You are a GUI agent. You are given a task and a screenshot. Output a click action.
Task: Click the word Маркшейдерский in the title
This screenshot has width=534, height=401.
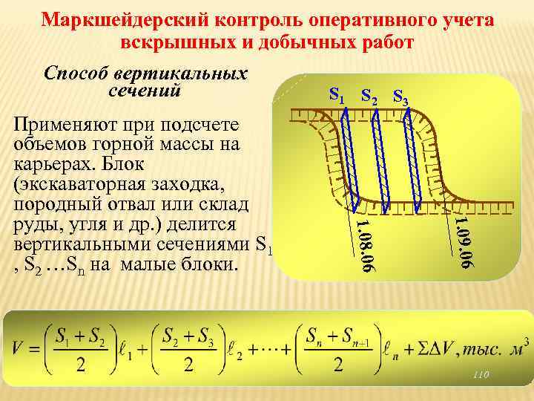point(113,19)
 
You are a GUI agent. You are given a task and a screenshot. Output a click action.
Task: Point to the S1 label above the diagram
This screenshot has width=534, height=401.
point(337,94)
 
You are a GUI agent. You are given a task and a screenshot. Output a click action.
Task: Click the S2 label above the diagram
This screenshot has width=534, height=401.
point(369,96)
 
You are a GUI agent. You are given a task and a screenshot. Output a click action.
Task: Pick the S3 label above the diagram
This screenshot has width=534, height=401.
point(400,97)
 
